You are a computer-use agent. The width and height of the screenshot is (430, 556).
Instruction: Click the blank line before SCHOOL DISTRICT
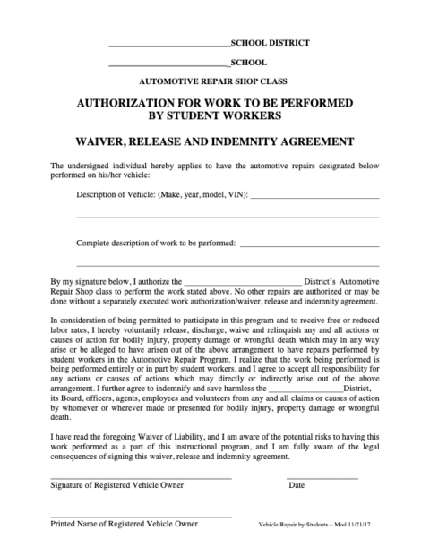click(x=168, y=44)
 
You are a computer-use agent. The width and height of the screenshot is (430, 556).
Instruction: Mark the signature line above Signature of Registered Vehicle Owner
click(x=140, y=477)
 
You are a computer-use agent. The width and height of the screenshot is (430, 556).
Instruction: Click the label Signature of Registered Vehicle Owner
click(x=116, y=485)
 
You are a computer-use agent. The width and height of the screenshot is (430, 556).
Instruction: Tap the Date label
click(x=297, y=485)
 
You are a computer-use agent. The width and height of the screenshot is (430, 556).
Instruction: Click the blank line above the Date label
click(x=322, y=477)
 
